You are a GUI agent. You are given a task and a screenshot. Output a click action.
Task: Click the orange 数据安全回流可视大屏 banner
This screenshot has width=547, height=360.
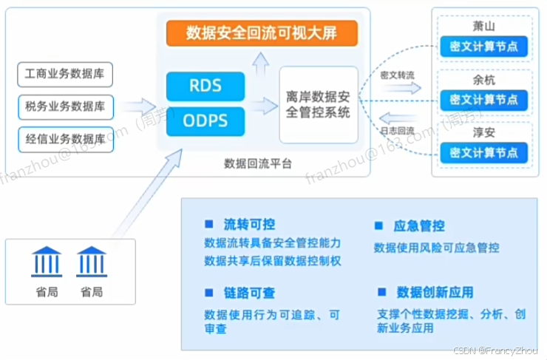[x=262, y=33]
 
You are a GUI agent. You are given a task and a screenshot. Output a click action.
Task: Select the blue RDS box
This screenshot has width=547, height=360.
[x=205, y=85]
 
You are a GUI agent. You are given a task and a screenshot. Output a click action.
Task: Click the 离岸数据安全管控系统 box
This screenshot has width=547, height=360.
[x=318, y=104]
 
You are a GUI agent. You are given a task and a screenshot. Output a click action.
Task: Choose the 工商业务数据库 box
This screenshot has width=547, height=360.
[x=65, y=75]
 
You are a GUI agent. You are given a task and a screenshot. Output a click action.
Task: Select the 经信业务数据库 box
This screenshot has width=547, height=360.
[x=65, y=139]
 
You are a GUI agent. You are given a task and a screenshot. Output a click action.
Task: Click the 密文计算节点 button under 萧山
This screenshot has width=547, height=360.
[x=483, y=46]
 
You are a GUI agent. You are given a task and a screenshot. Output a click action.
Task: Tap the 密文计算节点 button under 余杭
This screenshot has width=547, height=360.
[x=483, y=100]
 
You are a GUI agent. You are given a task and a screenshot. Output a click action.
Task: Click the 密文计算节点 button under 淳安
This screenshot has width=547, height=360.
[x=483, y=153]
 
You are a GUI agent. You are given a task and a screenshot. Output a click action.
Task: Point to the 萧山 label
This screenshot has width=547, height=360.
[x=483, y=25]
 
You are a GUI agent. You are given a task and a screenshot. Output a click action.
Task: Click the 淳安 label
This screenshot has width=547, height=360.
[x=483, y=132]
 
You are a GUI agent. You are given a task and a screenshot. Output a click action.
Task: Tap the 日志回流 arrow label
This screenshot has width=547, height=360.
[x=396, y=131]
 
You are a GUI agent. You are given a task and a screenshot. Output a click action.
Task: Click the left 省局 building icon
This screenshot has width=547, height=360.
[x=47, y=262]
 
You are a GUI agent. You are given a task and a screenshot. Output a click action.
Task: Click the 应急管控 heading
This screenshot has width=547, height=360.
[x=419, y=226]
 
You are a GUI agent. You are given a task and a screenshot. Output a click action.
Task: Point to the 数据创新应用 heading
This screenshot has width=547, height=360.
[x=435, y=292]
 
